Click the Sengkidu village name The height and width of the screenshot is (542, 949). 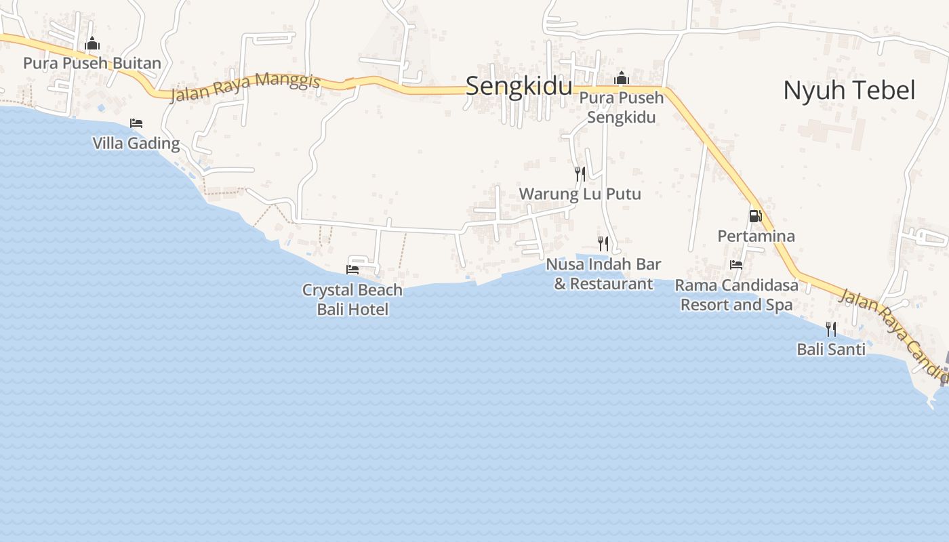tap(519, 86)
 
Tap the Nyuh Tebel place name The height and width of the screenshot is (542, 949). tap(849, 90)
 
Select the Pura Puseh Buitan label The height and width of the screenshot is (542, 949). tap(92, 64)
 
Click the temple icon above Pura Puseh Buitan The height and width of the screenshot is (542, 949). tap(92, 45)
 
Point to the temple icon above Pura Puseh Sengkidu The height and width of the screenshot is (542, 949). tap(621, 79)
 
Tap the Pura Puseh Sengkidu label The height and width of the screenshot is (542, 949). tap(621, 107)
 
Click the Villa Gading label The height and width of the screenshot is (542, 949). tap(136, 143)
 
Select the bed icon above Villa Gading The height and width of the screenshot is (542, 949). tap(136, 123)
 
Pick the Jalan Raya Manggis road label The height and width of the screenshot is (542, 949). tap(245, 87)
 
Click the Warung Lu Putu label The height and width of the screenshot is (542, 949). tap(580, 194)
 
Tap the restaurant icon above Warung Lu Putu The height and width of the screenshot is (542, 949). tap(580, 174)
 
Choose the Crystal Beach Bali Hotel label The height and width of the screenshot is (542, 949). tap(352, 299)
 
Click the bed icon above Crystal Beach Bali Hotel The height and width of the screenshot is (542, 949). tap(352, 270)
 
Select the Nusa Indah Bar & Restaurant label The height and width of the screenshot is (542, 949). tap(603, 274)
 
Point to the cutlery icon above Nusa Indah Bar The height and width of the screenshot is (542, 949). tap(603, 244)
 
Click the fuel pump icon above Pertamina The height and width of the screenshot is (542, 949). tap(755, 216)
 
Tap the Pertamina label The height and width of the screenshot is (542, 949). tap(756, 236)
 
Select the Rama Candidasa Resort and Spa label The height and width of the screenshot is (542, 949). tap(737, 295)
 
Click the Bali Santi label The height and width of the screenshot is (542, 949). tap(831, 350)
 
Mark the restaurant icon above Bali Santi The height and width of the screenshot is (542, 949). tap(831, 329)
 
